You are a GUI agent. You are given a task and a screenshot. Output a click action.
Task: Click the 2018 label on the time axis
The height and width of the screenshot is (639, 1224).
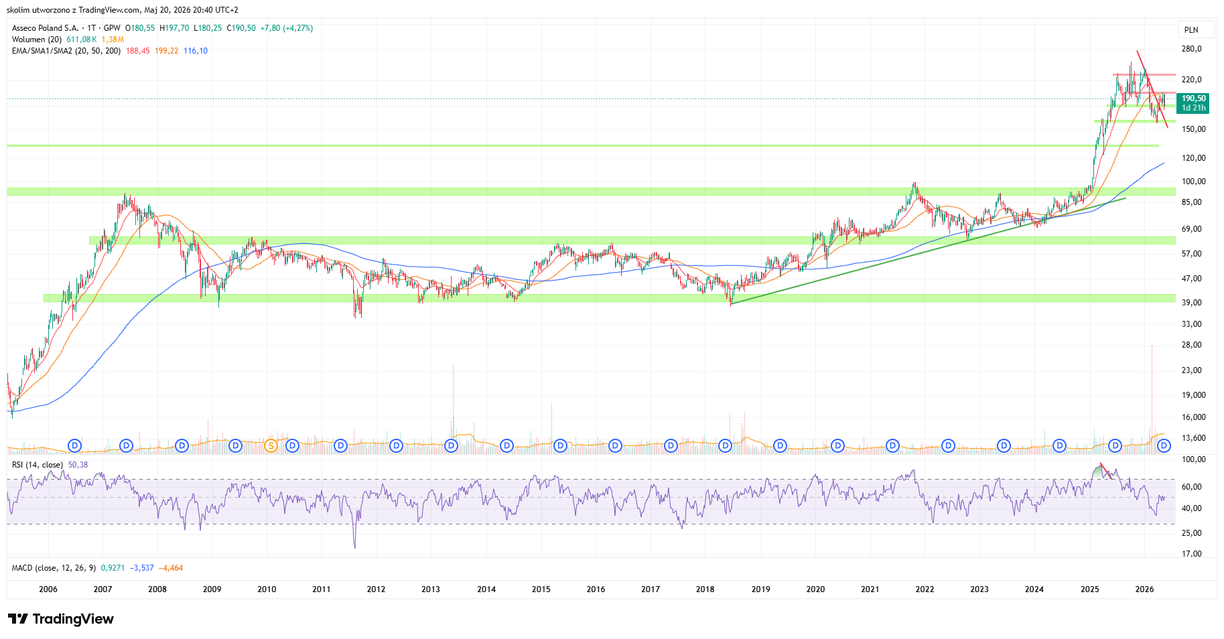pyautogui.click(x=705, y=589)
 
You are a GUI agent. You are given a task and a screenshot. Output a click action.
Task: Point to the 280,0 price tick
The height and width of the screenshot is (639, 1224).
pyautogui.click(x=1192, y=49)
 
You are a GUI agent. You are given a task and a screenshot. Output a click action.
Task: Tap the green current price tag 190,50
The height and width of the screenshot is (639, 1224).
pyautogui.click(x=1193, y=103)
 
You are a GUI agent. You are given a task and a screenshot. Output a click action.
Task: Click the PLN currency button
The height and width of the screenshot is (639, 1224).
pyautogui.click(x=1191, y=29)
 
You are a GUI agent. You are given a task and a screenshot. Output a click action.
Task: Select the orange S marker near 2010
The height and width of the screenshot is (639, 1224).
pyautogui.click(x=271, y=445)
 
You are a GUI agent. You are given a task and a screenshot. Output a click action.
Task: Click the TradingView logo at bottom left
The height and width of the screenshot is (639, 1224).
pyautogui.click(x=61, y=619)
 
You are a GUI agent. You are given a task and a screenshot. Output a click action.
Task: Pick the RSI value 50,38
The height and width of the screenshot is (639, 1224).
pyautogui.click(x=78, y=465)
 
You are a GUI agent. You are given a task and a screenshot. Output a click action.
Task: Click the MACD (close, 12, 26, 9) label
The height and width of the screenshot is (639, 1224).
pyautogui.click(x=54, y=568)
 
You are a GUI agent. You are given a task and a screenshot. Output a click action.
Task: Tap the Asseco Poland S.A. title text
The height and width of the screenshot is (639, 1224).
pyautogui.click(x=46, y=28)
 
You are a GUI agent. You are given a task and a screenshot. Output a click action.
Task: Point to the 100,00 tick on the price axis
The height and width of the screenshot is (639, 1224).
pyautogui.click(x=1193, y=182)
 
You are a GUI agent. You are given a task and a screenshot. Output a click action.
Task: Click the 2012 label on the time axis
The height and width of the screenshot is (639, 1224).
pyautogui.click(x=376, y=589)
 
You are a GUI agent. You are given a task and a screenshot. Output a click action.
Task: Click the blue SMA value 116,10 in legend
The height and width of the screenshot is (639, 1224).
pyautogui.click(x=196, y=51)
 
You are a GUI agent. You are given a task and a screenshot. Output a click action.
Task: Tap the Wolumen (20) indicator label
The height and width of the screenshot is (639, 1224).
pyautogui.click(x=38, y=40)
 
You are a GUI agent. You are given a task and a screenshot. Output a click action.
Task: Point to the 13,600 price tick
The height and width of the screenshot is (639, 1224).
pyautogui.click(x=1193, y=438)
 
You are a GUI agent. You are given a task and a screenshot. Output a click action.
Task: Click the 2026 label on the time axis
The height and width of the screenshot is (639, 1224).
pyautogui.click(x=1144, y=589)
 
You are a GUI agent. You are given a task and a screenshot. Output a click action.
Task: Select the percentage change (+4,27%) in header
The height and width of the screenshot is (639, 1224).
pyautogui.click(x=298, y=28)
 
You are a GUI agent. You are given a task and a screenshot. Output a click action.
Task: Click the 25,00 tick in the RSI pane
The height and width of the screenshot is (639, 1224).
pyautogui.click(x=1192, y=533)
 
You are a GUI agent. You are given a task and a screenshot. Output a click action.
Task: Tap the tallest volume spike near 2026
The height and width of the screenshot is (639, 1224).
pyautogui.click(x=1152, y=395)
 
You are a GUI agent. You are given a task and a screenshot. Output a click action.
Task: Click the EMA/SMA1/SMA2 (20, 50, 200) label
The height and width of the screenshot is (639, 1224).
pyautogui.click(x=66, y=51)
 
